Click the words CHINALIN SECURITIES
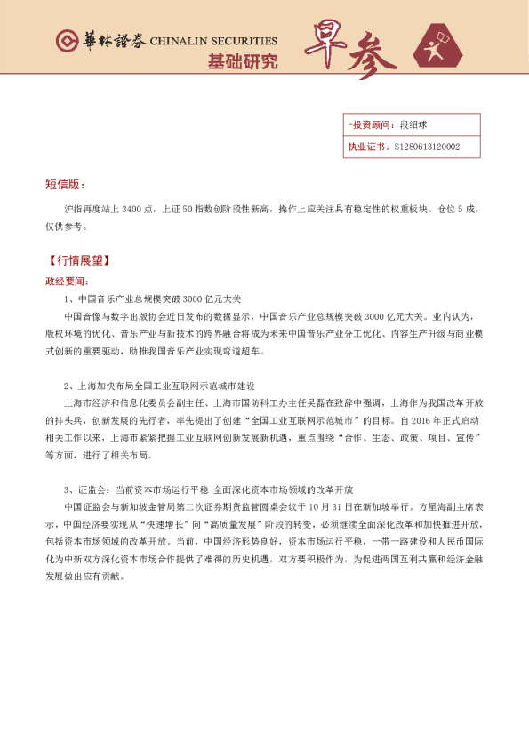[x=213, y=42]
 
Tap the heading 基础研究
[x=242, y=62]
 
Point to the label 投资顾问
[x=368, y=126]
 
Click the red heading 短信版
[x=64, y=185]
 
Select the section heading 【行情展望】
[x=80, y=262]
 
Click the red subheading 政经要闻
[x=68, y=282]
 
